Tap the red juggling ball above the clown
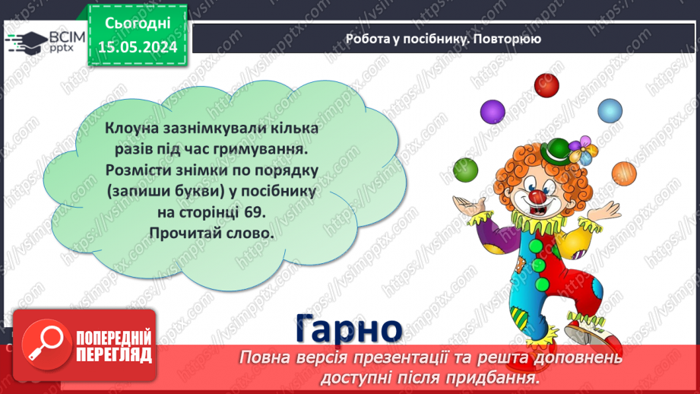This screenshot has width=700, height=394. pos(545,83)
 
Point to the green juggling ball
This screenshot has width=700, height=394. pos(464,170)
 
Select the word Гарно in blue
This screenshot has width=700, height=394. pos(348,329)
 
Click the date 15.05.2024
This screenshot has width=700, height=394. pos(138,48)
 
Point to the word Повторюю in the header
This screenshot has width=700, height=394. pos(505,39)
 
